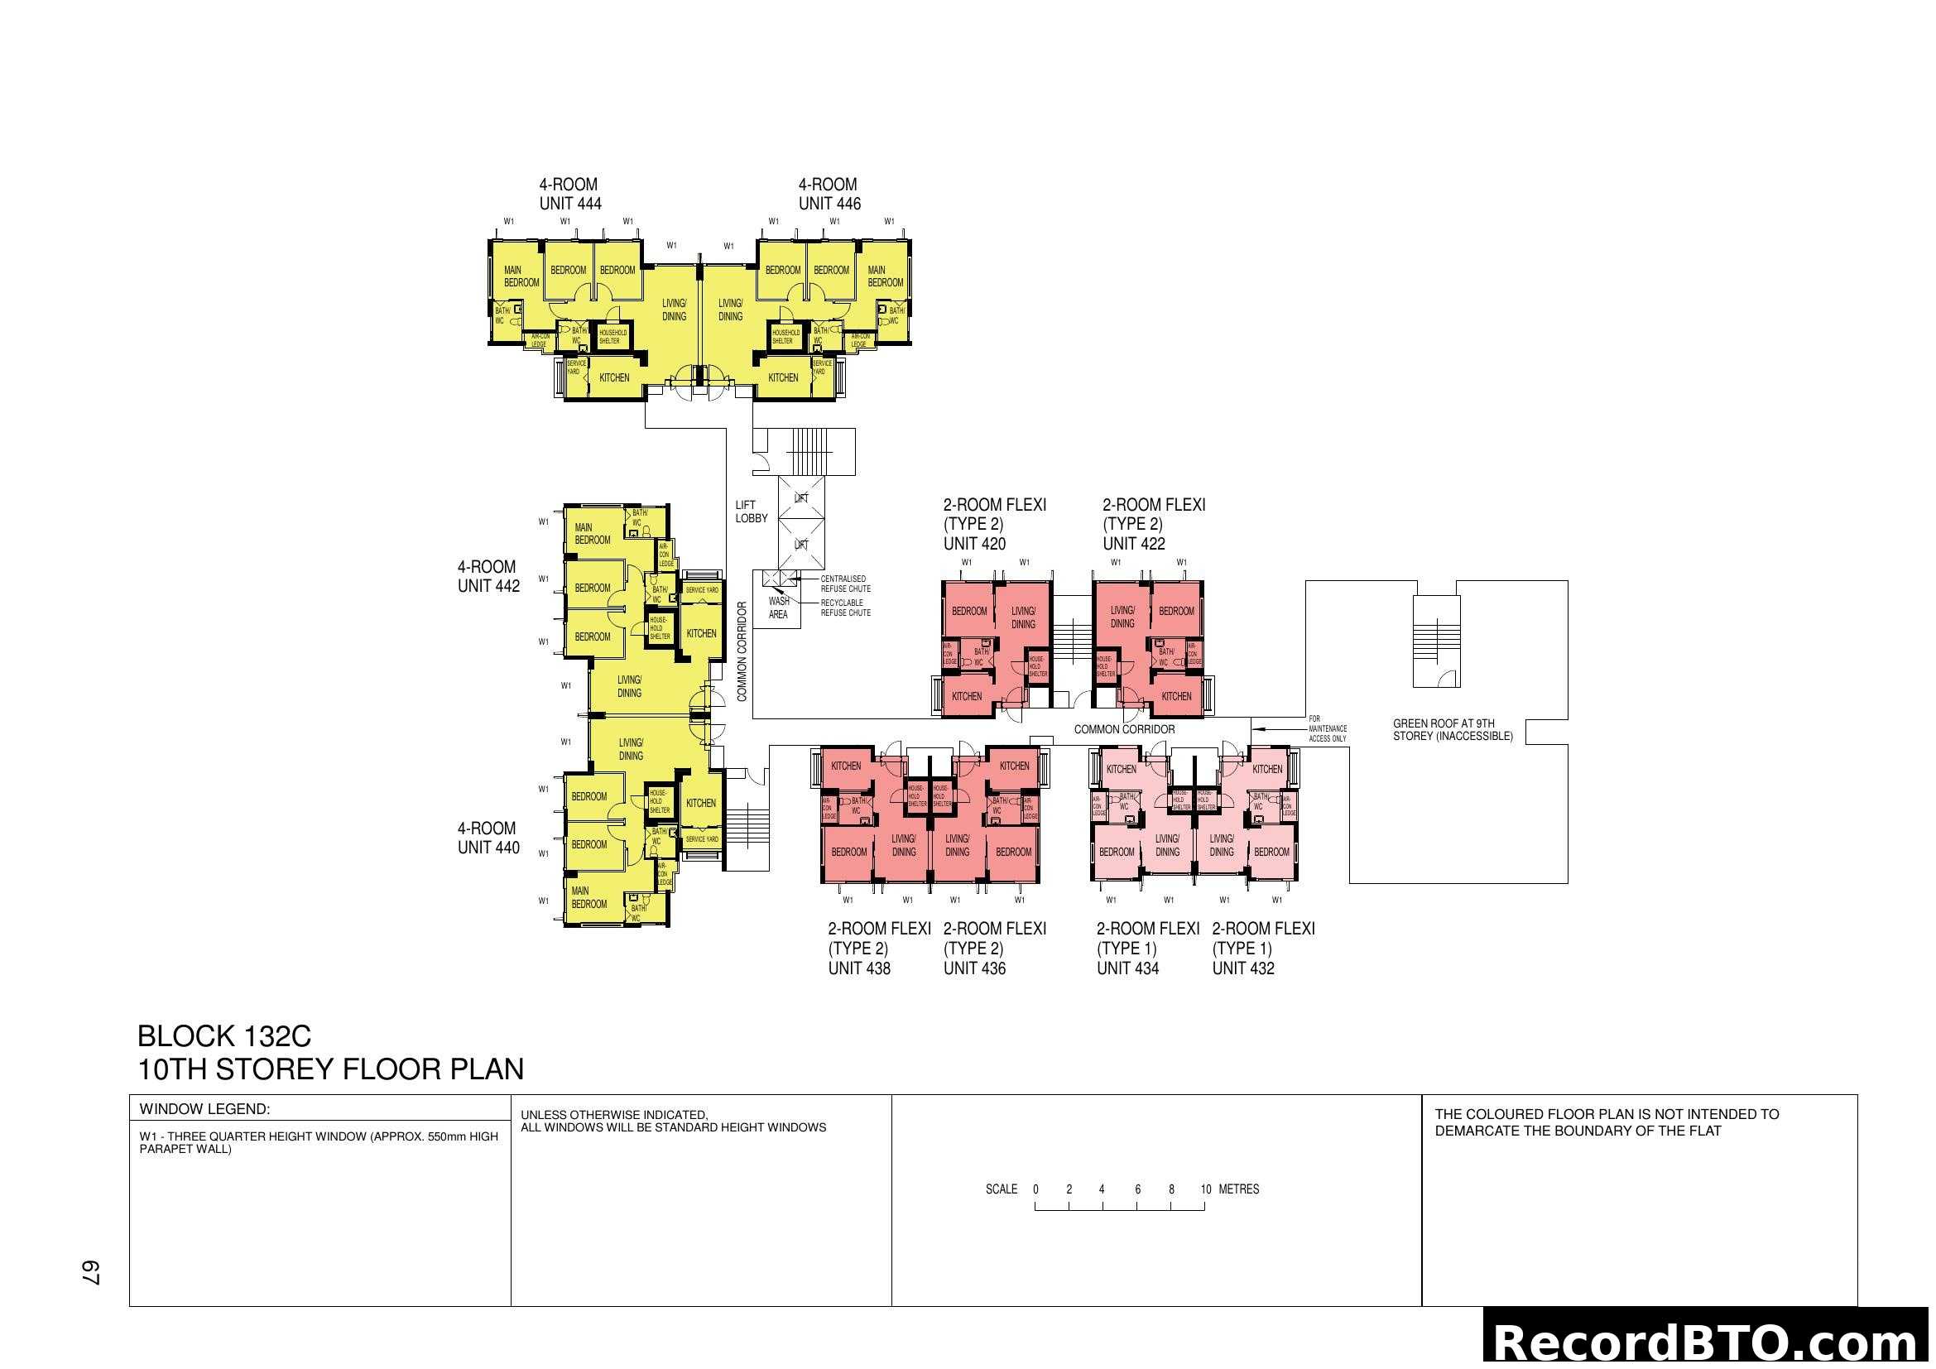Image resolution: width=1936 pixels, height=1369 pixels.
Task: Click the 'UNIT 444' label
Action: point(570,203)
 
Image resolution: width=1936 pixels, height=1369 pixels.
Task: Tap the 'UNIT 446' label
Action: point(829,203)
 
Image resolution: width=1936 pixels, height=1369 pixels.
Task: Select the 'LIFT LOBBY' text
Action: point(751,512)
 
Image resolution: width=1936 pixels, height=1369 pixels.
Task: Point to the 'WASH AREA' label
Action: point(778,608)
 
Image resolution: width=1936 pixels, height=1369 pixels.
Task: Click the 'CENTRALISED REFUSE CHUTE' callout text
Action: point(845,584)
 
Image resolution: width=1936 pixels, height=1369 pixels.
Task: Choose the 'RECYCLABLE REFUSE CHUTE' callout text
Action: point(845,608)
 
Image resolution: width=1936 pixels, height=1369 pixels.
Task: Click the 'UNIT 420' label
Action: point(974,544)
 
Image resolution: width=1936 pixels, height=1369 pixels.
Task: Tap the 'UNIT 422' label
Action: point(1133,544)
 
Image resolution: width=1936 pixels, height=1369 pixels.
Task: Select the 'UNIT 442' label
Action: point(488,586)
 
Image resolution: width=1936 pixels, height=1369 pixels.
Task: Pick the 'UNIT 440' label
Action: point(488,848)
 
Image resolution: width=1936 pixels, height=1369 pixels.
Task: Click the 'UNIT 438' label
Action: point(858,968)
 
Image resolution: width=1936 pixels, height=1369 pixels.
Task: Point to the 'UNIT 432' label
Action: point(1243,968)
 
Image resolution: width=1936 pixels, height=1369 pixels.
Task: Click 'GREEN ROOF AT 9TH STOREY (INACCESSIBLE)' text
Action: point(1452,730)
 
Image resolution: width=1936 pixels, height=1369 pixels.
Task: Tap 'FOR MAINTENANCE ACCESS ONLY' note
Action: point(1327,728)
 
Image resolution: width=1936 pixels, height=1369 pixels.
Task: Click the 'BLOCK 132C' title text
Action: point(223,1036)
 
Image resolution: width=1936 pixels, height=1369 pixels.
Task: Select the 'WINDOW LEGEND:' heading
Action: point(204,1109)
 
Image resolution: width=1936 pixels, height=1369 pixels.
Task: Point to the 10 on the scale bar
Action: point(1206,1189)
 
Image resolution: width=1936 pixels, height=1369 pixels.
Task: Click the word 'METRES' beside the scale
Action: point(1239,1189)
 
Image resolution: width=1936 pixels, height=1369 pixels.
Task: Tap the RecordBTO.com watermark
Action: point(1708,1342)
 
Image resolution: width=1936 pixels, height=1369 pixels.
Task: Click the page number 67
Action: point(90,1273)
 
